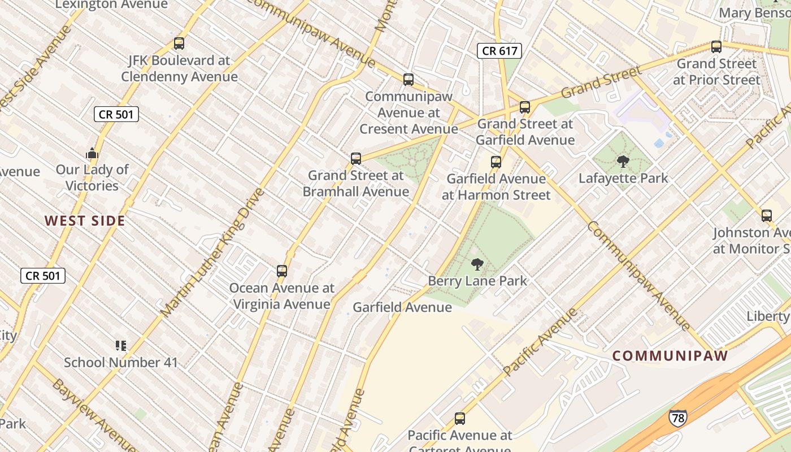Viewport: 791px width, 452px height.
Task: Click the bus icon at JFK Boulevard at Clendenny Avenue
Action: coord(179,43)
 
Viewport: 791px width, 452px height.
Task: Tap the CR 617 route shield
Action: coord(499,51)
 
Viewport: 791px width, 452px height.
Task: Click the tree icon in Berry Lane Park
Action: coord(477,264)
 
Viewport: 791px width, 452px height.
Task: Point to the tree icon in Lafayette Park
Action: coord(623,162)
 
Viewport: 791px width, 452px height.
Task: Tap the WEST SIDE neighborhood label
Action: coord(85,221)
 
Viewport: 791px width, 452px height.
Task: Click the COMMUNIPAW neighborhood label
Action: coord(670,356)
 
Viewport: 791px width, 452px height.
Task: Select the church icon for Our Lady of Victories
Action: coord(92,153)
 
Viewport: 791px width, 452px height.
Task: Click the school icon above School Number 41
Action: coord(120,345)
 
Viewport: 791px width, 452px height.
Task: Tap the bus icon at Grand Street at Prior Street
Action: coord(716,47)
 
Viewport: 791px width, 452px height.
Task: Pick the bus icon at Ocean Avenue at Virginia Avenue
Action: coord(282,271)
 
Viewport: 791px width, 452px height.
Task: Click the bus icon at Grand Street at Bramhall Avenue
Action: coord(356,159)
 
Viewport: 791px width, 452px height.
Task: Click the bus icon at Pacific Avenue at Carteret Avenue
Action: coord(460,419)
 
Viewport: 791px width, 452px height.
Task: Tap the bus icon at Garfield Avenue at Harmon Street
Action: coord(496,162)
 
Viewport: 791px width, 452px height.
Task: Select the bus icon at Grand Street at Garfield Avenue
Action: coord(525,107)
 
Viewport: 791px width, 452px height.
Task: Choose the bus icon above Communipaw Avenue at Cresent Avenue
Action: coord(408,80)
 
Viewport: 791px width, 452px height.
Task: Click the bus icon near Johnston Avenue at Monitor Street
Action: coord(767,215)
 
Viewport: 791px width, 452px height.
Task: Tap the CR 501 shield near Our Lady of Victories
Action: coord(116,115)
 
